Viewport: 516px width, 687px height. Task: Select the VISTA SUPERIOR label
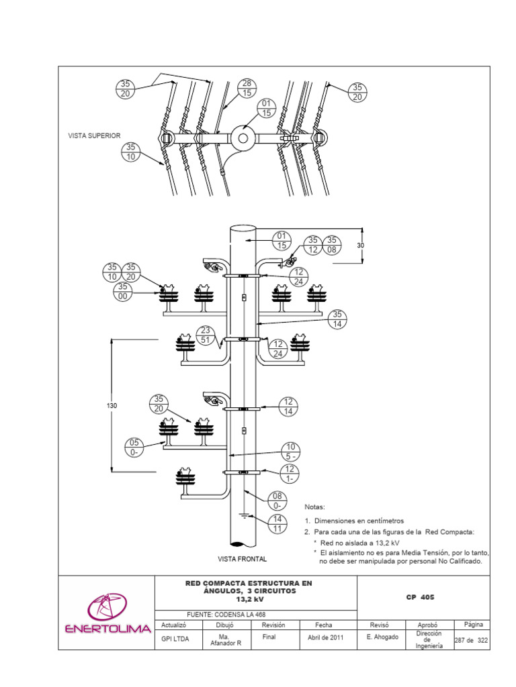tap(94, 136)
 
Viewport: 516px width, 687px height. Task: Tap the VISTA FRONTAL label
tap(242, 559)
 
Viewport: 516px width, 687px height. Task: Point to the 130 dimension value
tap(112, 406)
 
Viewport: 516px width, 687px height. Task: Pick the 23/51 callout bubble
tap(206, 335)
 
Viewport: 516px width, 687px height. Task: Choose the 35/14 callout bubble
tap(337, 319)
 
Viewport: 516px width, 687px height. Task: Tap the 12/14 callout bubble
tap(288, 407)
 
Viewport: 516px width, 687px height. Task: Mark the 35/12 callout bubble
tap(314, 246)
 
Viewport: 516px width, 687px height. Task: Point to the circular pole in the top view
tap(243, 139)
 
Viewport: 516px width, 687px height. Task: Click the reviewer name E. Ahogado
tap(383, 639)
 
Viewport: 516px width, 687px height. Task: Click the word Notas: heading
tap(315, 507)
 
